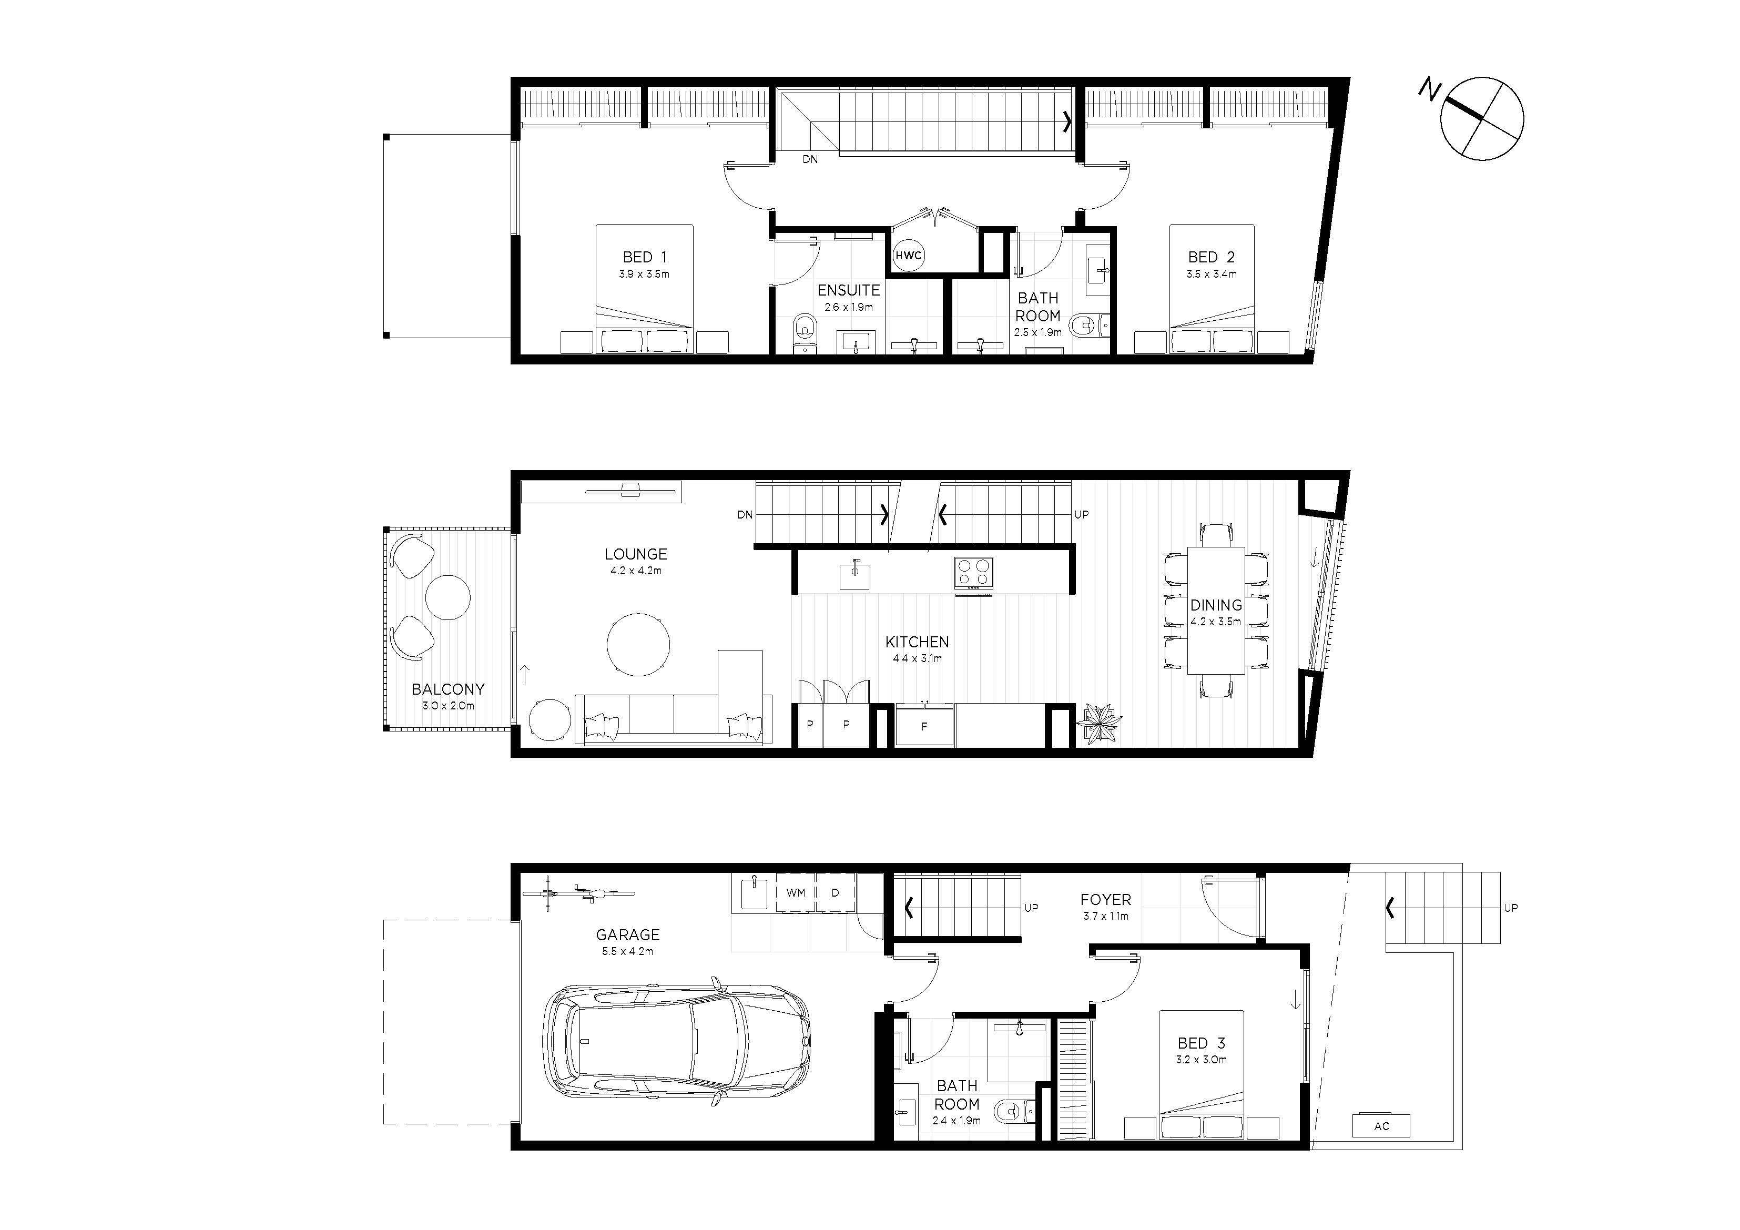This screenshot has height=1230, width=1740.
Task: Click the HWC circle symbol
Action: click(x=909, y=256)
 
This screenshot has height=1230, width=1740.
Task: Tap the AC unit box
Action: click(x=1381, y=1125)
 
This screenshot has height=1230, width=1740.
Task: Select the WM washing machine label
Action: click(x=796, y=893)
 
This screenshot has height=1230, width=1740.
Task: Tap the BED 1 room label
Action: click(x=644, y=258)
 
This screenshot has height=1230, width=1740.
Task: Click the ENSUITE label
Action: click(x=849, y=290)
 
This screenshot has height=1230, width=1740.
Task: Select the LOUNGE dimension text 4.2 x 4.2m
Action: click(x=636, y=571)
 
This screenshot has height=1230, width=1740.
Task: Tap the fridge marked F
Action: click(x=924, y=725)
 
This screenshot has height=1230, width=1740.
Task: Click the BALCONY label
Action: click(x=448, y=689)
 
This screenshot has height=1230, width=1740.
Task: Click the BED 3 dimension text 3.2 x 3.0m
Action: click(x=1201, y=1060)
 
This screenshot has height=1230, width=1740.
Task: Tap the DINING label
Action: click(x=1216, y=605)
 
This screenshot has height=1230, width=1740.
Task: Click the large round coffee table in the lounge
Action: click(x=638, y=645)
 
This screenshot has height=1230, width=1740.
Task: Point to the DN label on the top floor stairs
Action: click(x=810, y=159)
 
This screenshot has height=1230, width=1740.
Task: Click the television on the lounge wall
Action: click(x=632, y=491)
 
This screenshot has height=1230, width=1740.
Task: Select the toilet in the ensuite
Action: click(x=803, y=333)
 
